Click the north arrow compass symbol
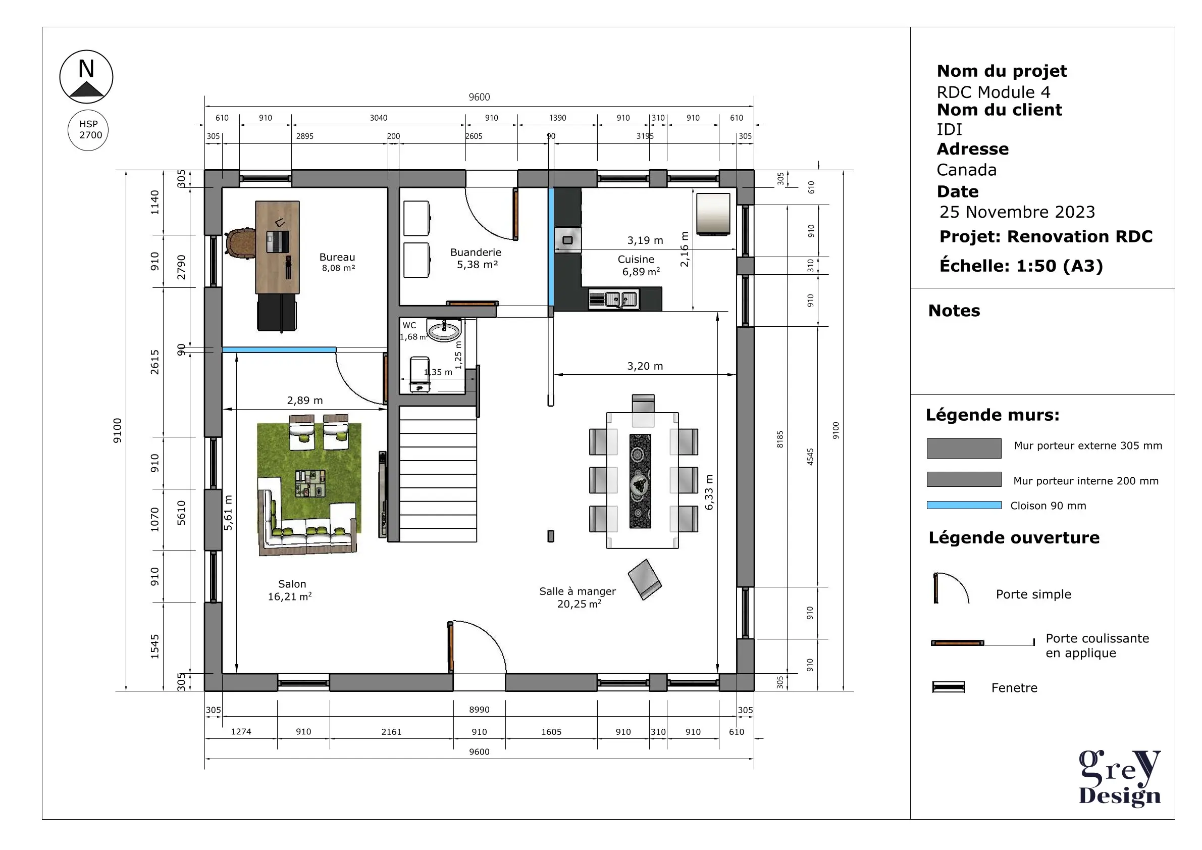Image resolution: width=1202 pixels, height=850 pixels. pyautogui.click(x=86, y=76)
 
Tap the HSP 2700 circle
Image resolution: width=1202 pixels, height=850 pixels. pyautogui.click(x=88, y=130)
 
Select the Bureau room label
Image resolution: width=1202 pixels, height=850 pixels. pyautogui.click(x=338, y=262)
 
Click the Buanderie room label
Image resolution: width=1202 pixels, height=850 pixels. pyautogui.click(x=476, y=258)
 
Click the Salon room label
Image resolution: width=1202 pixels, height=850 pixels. pyautogui.click(x=291, y=590)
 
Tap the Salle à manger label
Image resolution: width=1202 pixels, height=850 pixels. pyautogui.click(x=578, y=597)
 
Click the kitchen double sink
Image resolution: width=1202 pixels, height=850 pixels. pyautogui.click(x=613, y=299)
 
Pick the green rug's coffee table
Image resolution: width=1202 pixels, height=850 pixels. pyautogui.click(x=310, y=483)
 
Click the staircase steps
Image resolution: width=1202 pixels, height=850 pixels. pyautogui.click(x=438, y=474)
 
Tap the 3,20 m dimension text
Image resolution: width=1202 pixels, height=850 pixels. pyautogui.click(x=645, y=366)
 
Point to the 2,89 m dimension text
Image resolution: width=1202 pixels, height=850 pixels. pyautogui.click(x=305, y=401)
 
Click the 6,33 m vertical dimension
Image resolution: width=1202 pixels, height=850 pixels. pyautogui.click(x=709, y=492)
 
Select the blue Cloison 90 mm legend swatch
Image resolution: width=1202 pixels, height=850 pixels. pyautogui.click(x=964, y=506)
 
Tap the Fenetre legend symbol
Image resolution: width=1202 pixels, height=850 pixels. pyautogui.click(x=949, y=687)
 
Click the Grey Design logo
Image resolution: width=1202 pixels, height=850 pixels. pyautogui.click(x=1120, y=778)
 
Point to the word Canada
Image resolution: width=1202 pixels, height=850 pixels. pyautogui.click(x=966, y=170)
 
